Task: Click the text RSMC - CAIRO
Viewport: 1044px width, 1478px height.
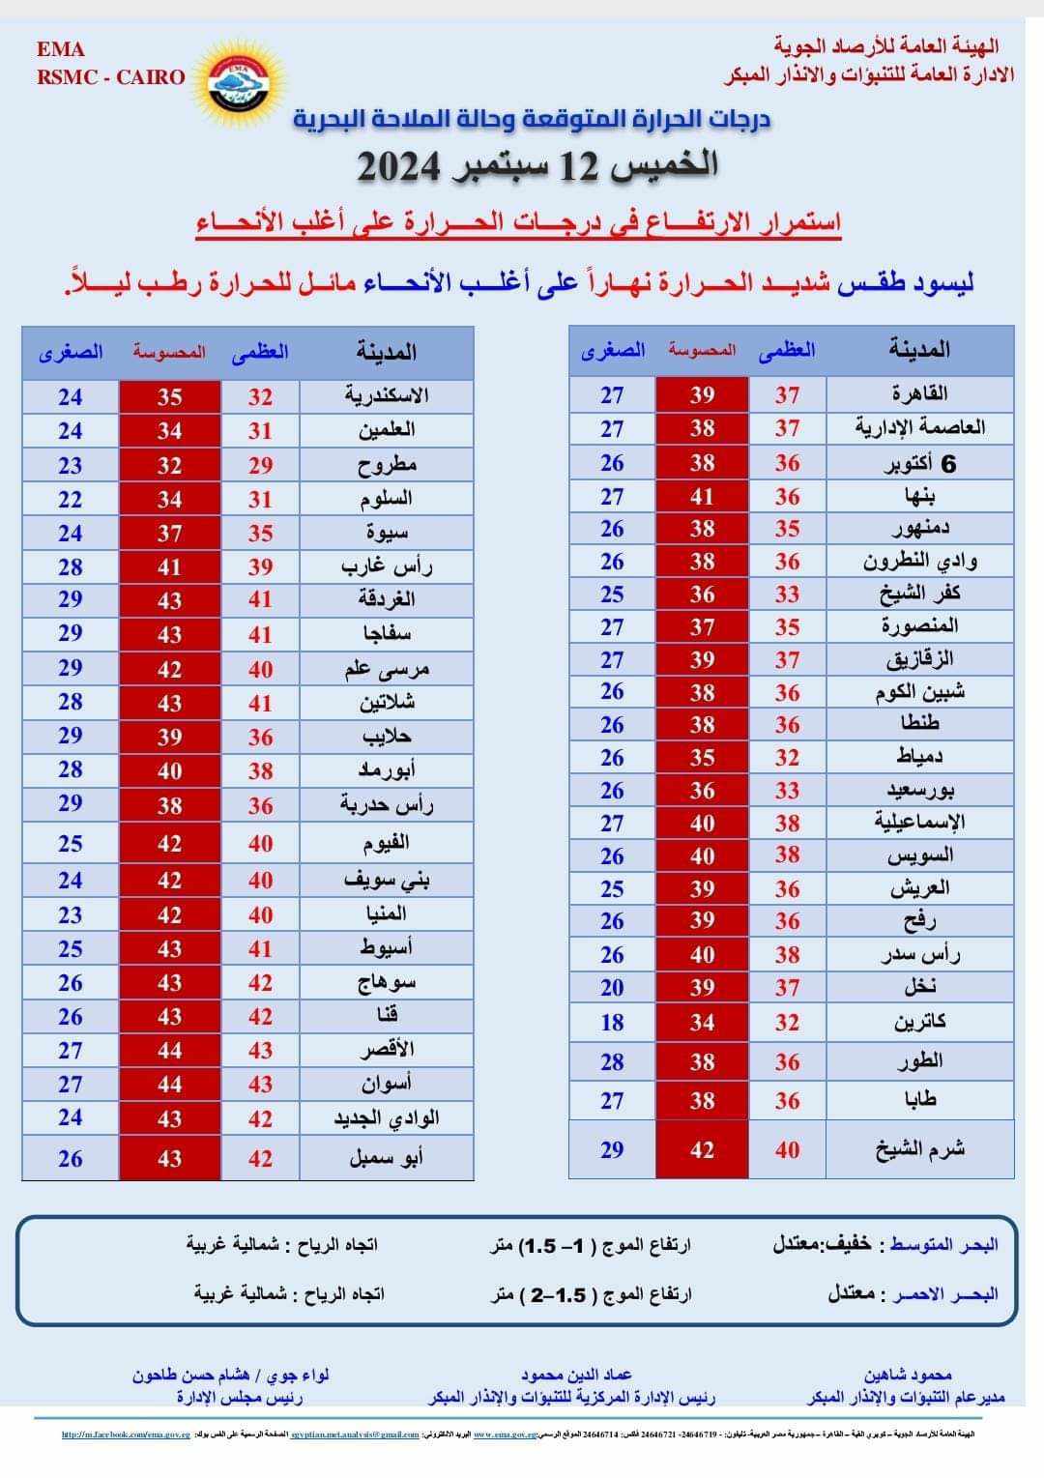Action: (x=110, y=77)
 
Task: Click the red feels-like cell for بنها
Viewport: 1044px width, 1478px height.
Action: (x=702, y=497)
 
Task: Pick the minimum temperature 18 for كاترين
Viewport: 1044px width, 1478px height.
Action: (x=612, y=1022)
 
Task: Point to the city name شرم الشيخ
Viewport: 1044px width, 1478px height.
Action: (x=919, y=1149)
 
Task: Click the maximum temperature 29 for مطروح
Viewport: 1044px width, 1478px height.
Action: (x=259, y=465)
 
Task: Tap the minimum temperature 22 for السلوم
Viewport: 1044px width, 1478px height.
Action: (x=70, y=499)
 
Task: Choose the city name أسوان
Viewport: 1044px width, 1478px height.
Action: (x=387, y=1084)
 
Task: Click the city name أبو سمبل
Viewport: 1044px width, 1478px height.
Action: (x=387, y=1158)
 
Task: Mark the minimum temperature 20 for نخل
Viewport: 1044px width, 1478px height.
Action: (x=612, y=987)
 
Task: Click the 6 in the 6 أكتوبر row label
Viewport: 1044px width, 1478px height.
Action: (x=948, y=464)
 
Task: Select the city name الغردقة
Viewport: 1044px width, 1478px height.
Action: (x=387, y=599)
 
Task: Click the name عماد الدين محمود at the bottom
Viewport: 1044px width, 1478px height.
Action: (x=576, y=1375)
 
